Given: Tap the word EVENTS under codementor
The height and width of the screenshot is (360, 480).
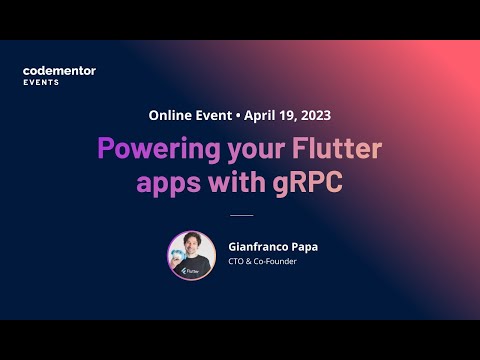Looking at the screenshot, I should click(41, 82).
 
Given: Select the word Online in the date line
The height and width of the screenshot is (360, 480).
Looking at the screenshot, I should click(171, 115).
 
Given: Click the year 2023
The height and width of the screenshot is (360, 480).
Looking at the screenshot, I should click(314, 115).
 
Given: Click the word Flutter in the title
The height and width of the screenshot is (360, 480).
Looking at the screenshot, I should click(335, 149).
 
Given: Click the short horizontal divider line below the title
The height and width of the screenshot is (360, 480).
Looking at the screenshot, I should click(241, 215).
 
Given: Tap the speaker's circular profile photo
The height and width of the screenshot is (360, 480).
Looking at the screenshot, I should click(191, 255).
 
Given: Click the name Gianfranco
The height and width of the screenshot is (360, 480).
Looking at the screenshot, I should click(257, 245).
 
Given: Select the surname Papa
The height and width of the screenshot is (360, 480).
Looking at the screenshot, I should click(306, 245).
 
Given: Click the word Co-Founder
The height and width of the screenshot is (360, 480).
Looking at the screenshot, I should click(275, 262).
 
